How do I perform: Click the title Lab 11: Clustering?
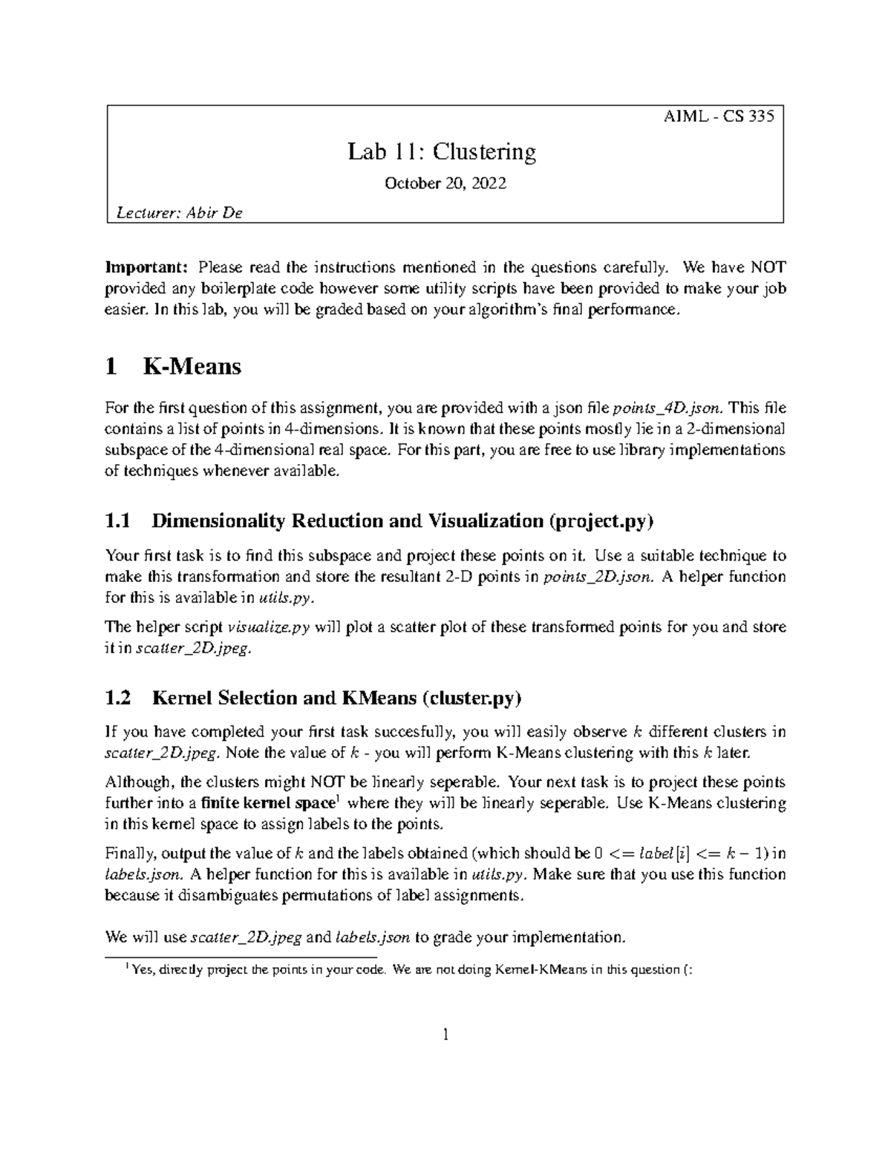point(442,152)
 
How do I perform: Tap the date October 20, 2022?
point(445,183)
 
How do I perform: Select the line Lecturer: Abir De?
point(180,213)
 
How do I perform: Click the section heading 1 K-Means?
point(174,366)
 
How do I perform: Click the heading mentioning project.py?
point(379,520)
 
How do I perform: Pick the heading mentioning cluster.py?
point(314,697)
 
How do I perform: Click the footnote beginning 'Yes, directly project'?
point(411,969)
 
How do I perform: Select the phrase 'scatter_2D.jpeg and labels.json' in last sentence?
point(301,937)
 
